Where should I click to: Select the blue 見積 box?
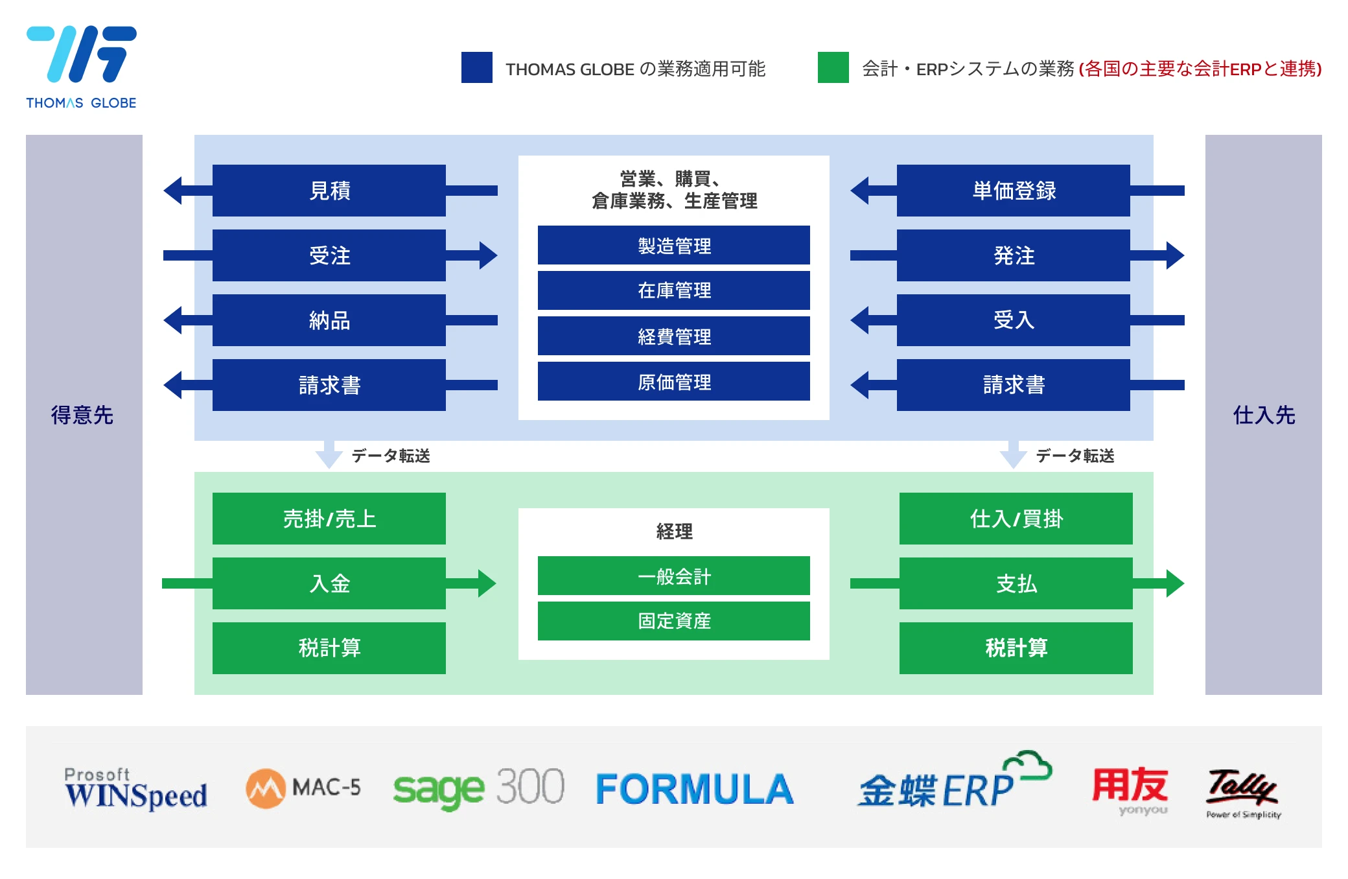tap(329, 191)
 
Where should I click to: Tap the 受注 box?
tap(329, 255)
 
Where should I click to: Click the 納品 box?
tap(329, 320)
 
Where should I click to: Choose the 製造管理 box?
tap(674, 245)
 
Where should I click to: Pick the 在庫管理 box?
tap(674, 290)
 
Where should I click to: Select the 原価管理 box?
tap(674, 381)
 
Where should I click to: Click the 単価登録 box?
tap(1014, 191)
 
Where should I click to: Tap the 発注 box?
tap(1014, 255)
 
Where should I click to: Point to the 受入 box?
tap(1014, 320)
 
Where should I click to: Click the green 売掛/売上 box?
tap(329, 519)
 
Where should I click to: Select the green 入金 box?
tap(329, 583)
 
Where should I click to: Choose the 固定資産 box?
tap(674, 621)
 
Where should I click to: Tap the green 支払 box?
tap(1016, 583)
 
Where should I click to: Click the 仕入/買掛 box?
tap(1016, 519)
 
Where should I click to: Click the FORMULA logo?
tap(694, 789)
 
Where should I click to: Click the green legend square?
tap(833, 67)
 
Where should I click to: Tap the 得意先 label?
tap(82, 415)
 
